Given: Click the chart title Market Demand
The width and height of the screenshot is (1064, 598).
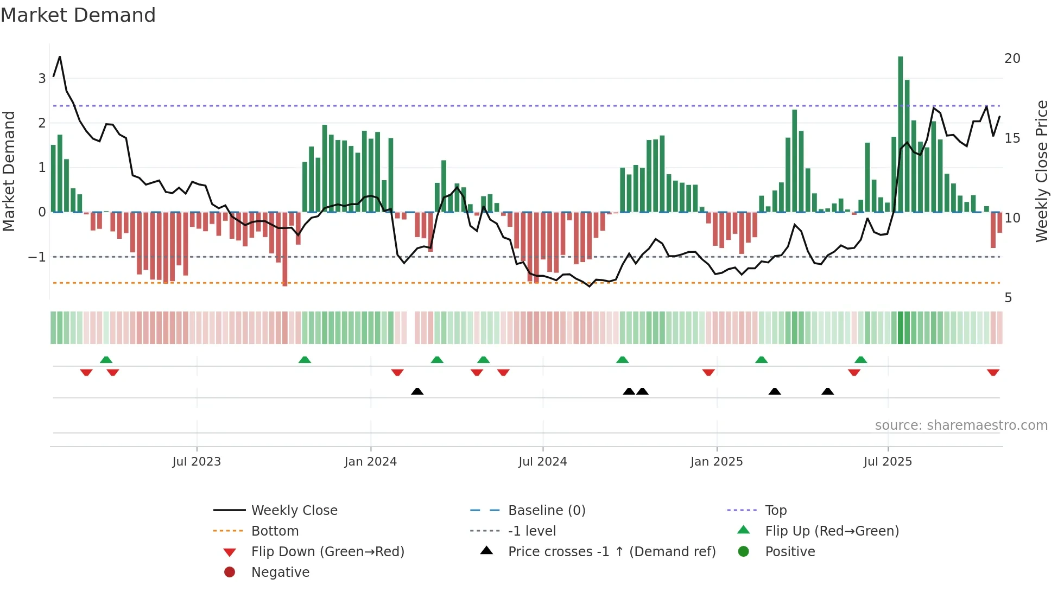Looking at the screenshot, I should pyautogui.click(x=78, y=15).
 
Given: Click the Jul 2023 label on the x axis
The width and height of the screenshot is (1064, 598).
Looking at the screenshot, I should pyautogui.click(x=197, y=462).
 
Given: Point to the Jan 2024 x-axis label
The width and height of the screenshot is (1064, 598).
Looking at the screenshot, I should pyautogui.click(x=370, y=462).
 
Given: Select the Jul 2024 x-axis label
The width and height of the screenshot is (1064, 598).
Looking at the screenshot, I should pyautogui.click(x=542, y=462).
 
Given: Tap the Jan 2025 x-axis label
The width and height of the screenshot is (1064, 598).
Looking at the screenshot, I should pyautogui.click(x=716, y=462).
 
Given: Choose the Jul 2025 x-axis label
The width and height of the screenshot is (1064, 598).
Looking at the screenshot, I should pyautogui.click(x=888, y=462).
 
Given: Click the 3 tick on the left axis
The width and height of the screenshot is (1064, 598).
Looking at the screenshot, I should pyautogui.click(x=42, y=79).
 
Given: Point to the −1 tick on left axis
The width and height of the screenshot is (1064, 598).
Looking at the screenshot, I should pyautogui.click(x=37, y=257).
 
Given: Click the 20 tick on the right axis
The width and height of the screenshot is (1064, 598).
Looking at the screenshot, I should pyautogui.click(x=1012, y=59).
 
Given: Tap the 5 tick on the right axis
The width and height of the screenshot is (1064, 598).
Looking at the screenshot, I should pyautogui.click(x=1008, y=298).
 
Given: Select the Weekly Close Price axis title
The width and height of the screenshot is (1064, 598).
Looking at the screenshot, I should pyautogui.click(x=1041, y=171).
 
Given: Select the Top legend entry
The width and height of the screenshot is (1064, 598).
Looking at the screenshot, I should pyautogui.click(x=776, y=511).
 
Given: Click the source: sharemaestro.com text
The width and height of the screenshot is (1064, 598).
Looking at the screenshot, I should pyautogui.click(x=961, y=425).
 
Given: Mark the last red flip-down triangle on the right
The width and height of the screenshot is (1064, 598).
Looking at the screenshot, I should pyautogui.click(x=993, y=372).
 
